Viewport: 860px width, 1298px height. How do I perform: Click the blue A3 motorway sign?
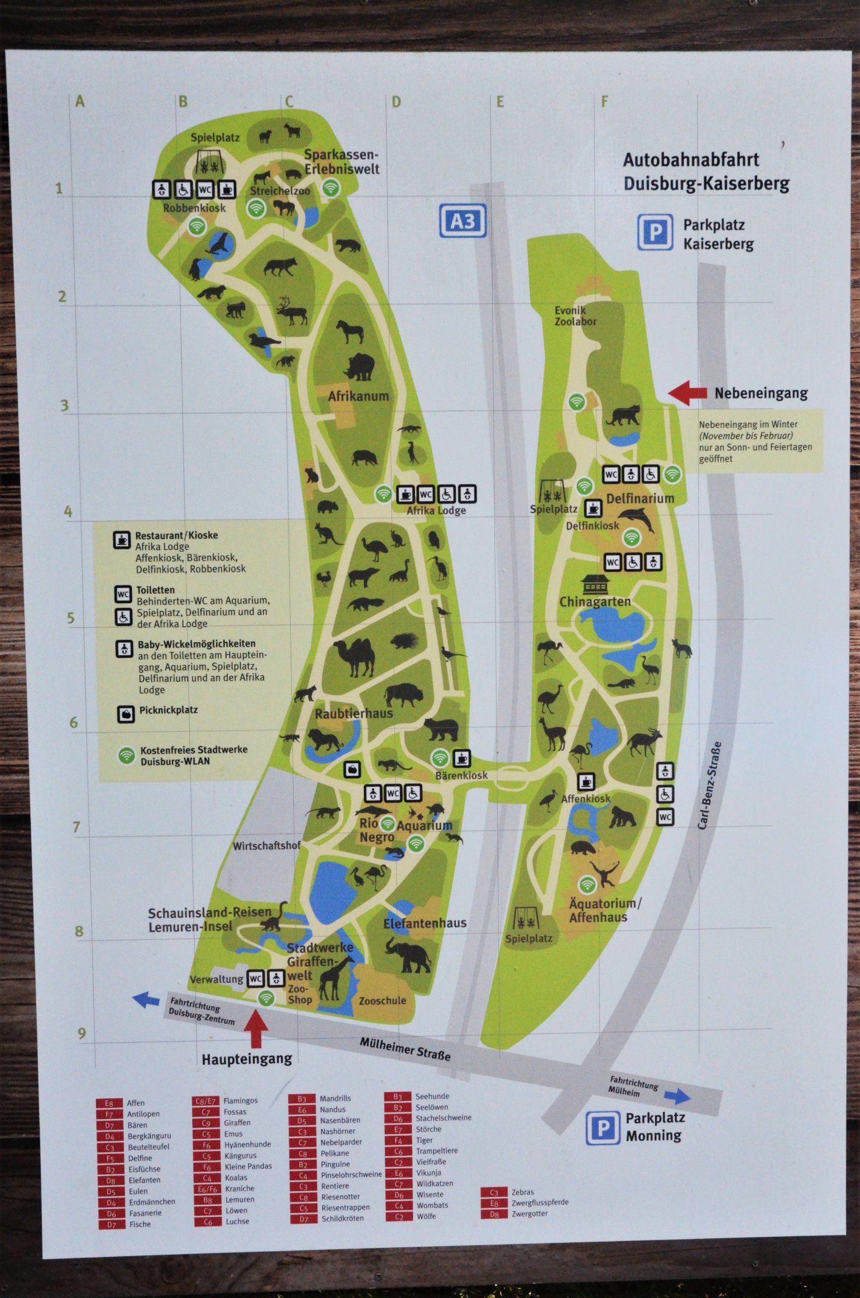[x=462, y=221]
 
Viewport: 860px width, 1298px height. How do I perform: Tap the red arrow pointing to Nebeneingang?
[x=687, y=393]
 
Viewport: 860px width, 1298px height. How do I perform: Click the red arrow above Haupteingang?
[x=256, y=1029]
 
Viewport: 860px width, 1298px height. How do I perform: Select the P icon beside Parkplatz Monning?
[x=602, y=1128]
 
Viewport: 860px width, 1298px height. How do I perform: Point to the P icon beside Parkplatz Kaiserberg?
[x=654, y=232]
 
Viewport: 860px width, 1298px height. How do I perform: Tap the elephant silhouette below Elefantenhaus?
[x=407, y=955]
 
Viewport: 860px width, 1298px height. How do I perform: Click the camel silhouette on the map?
[x=357, y=657]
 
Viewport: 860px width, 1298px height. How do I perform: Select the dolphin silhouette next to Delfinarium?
[x=637, y=517]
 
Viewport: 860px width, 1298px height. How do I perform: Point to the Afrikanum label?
[x=358, y=396]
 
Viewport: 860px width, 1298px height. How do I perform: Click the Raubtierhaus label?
[x=354, y=713]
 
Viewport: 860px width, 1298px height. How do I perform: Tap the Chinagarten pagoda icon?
[x=595, y=583]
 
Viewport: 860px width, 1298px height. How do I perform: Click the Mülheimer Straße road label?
[x=405, y=1049]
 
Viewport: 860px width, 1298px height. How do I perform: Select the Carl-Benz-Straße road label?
[x=710, y=785]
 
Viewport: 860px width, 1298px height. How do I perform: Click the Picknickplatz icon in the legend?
[x=126, y=713]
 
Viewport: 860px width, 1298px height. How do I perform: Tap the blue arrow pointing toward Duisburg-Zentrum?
[x=146, y=999]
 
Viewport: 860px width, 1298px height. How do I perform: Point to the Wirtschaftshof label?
[x=266, y=846]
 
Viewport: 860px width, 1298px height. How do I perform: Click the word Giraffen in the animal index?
[x=237, y=1123]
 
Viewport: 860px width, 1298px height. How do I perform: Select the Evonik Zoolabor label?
[x=575, y=316]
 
